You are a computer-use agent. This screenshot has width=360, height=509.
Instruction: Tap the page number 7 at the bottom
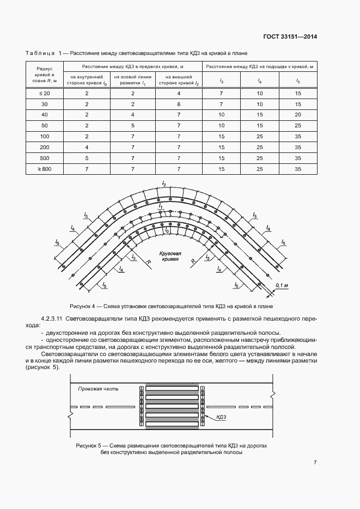315,463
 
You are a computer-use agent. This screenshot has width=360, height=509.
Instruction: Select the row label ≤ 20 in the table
45,94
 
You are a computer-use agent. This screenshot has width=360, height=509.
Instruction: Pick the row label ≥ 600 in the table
45,169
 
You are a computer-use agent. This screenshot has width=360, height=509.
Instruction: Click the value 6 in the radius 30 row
179,104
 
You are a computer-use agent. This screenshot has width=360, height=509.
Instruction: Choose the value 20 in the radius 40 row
297,115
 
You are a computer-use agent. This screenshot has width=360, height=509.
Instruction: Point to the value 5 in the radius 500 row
87,158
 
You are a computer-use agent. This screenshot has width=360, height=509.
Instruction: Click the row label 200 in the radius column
45,148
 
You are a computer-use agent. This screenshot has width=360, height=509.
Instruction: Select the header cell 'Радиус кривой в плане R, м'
45,75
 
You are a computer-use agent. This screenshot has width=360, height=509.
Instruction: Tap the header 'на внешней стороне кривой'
179,81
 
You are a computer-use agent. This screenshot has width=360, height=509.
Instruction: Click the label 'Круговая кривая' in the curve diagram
170,257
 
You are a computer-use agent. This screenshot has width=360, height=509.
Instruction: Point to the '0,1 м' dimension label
282,285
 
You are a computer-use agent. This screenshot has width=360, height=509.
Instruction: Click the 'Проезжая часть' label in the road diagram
98,389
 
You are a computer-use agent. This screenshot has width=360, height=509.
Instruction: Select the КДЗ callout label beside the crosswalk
222,418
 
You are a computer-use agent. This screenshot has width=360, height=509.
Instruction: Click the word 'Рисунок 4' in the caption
84,306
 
